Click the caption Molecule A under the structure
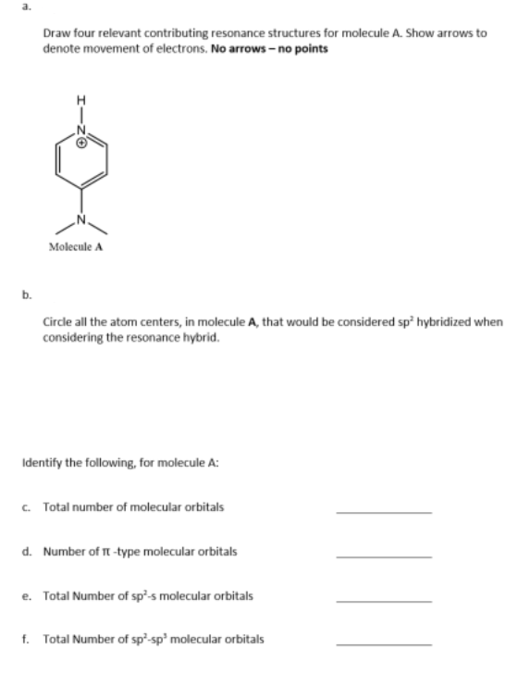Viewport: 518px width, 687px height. [75, 246]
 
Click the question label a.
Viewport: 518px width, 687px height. [8, 6]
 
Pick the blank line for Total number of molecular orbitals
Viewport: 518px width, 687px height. [383, 511]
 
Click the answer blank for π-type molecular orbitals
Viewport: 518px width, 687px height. [383, 556]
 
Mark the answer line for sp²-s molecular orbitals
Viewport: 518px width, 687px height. [383, 599]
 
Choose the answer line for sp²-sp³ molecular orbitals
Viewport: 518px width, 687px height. [383, 643]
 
